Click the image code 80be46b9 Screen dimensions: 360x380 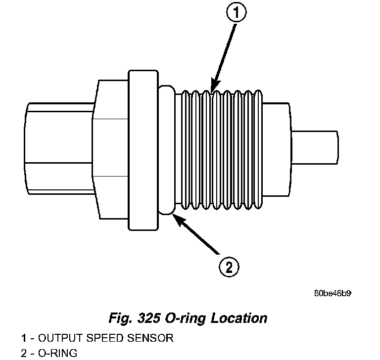coord(332,293)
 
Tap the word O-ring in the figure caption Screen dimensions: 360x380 coord(192,317)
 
